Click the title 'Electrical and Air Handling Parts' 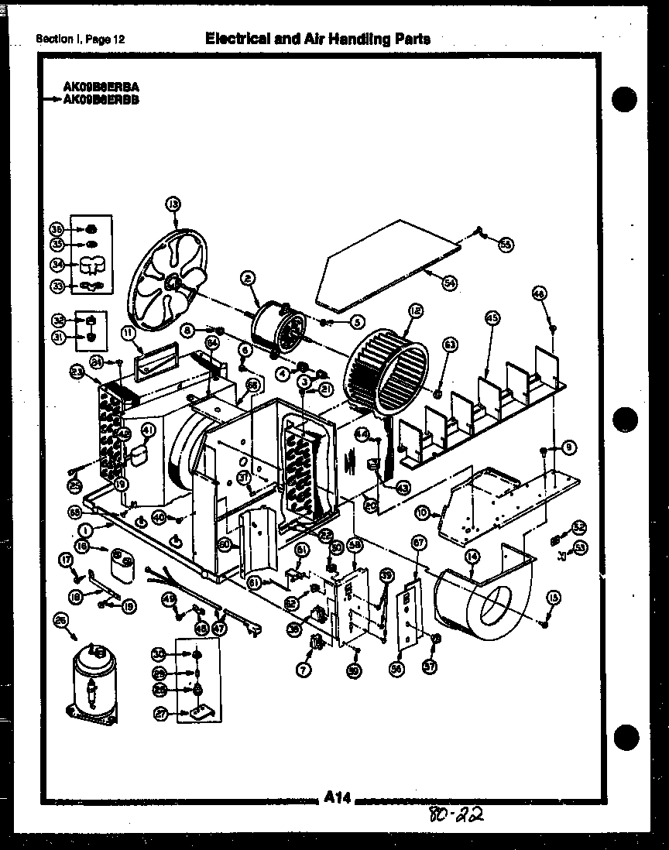click(x=317, y=39)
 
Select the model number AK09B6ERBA click(x=101, y=88)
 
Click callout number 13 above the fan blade click(x=172, y=204)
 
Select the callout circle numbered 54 click(x=450, y=283)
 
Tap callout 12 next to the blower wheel click(x=415, y=311)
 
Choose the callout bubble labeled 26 click(x=60, y=619)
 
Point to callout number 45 click(x=492, y=317)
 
